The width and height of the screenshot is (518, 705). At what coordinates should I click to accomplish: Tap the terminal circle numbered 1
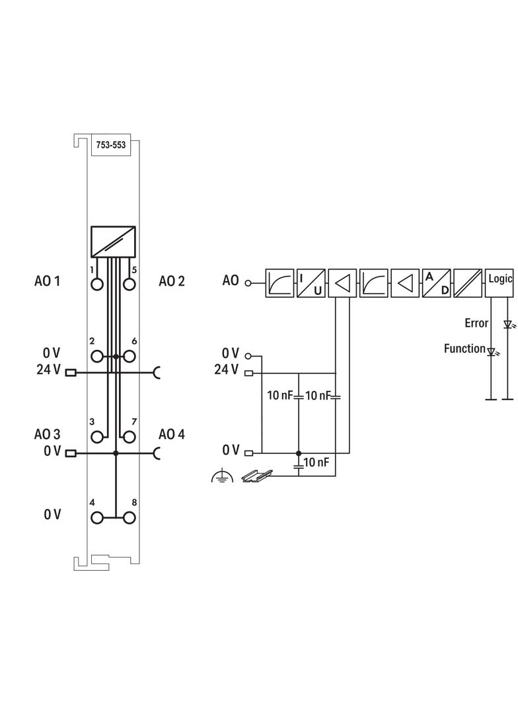[x=98, y=284]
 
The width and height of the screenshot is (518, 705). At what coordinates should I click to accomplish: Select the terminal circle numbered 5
[x=129, y=284]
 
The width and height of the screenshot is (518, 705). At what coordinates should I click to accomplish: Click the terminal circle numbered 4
[x=98, y=517]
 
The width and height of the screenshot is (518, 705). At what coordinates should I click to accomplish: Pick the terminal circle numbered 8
[x=129, y=517]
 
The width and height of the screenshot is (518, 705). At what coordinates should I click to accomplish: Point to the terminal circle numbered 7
[x=129, y=436]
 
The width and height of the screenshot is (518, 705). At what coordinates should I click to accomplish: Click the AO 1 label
[x=47, y=281]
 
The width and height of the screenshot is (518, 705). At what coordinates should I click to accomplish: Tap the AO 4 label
[x=172, y=435]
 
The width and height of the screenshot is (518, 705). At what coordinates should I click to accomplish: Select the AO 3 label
[x=47, y=435]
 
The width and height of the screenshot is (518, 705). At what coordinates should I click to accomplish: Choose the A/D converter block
[x=436, y=283]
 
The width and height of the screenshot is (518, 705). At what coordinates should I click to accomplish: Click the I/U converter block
[x=311, y=283]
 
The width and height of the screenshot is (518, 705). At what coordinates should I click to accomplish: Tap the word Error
[x=476, y=323]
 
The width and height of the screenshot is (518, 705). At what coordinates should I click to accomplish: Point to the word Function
[x=464, y=349]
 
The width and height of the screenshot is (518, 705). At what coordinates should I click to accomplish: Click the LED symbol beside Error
[x=507, y=325]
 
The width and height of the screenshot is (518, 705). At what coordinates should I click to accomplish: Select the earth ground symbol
[x=221, y=476]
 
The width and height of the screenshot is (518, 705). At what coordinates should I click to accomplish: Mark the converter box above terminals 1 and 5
[x=113, y=242]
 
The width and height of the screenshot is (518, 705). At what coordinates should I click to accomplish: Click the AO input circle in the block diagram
[x=248, y=283]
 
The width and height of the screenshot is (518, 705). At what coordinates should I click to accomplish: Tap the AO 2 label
[x=172, y=281]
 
